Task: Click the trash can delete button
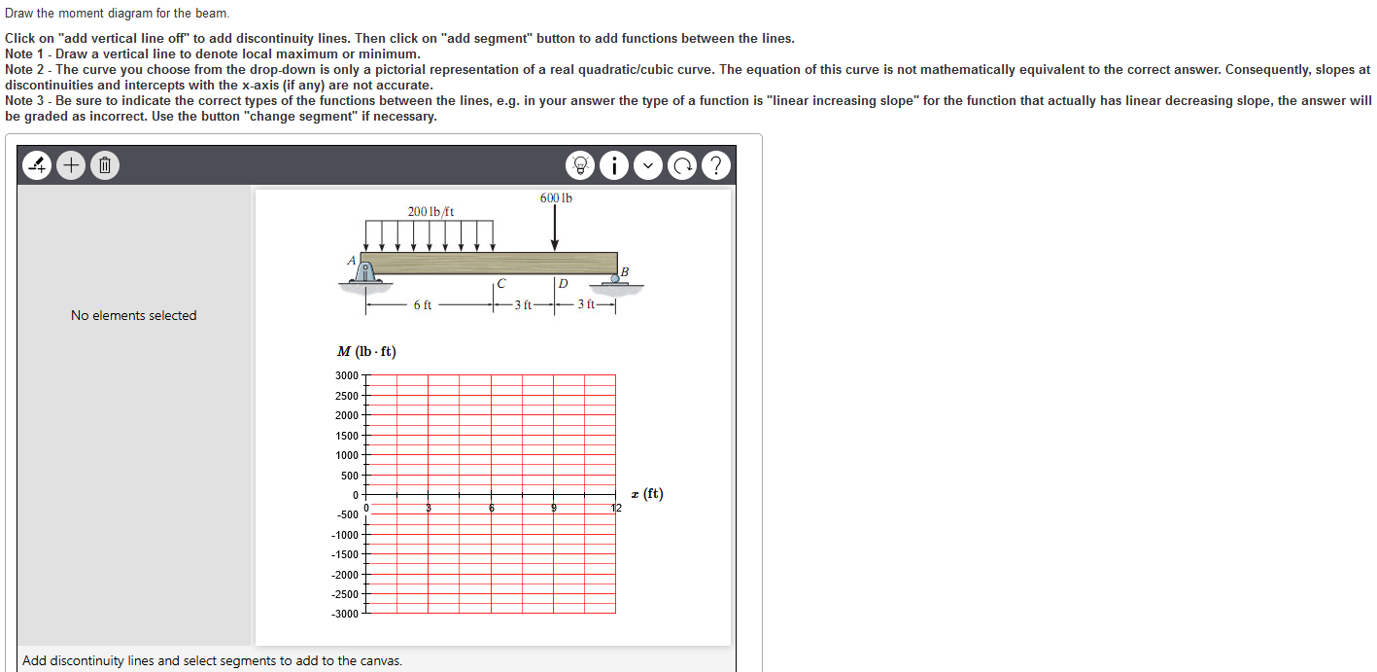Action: pyautogui.click(x=105, y=166)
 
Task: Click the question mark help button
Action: pyautogui.click(x=715, y=166)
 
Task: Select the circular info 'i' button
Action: pyautogui.click(x=614, y=166)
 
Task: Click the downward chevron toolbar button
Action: pyautogui.click(x=648, y=166)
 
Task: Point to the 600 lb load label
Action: pyautogui.click(x=556, y=198)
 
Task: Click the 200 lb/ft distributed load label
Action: pyautogui.click(x=430, y=211)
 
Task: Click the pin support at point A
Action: pyautogui.click(x=366, y=272)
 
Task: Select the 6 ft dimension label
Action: pyautogui.click(x=423, y=305)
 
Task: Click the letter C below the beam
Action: pyautogui.click(x=500, y=285)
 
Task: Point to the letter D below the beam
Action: pyautogui.click(x=563, y=285)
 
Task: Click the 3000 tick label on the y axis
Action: pyautogui.click(x=346, y=375)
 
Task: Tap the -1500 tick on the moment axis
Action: pyautogui.click(x=345, y=554)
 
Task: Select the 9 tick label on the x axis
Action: pyautogui.click(x=554, y=508)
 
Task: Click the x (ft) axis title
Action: pyautogui.click(x=647, y=494)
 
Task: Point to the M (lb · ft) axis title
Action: pyautogui.click(x=366, y=352)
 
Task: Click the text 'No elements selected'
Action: pyautogui.click(x=134, y=315)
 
